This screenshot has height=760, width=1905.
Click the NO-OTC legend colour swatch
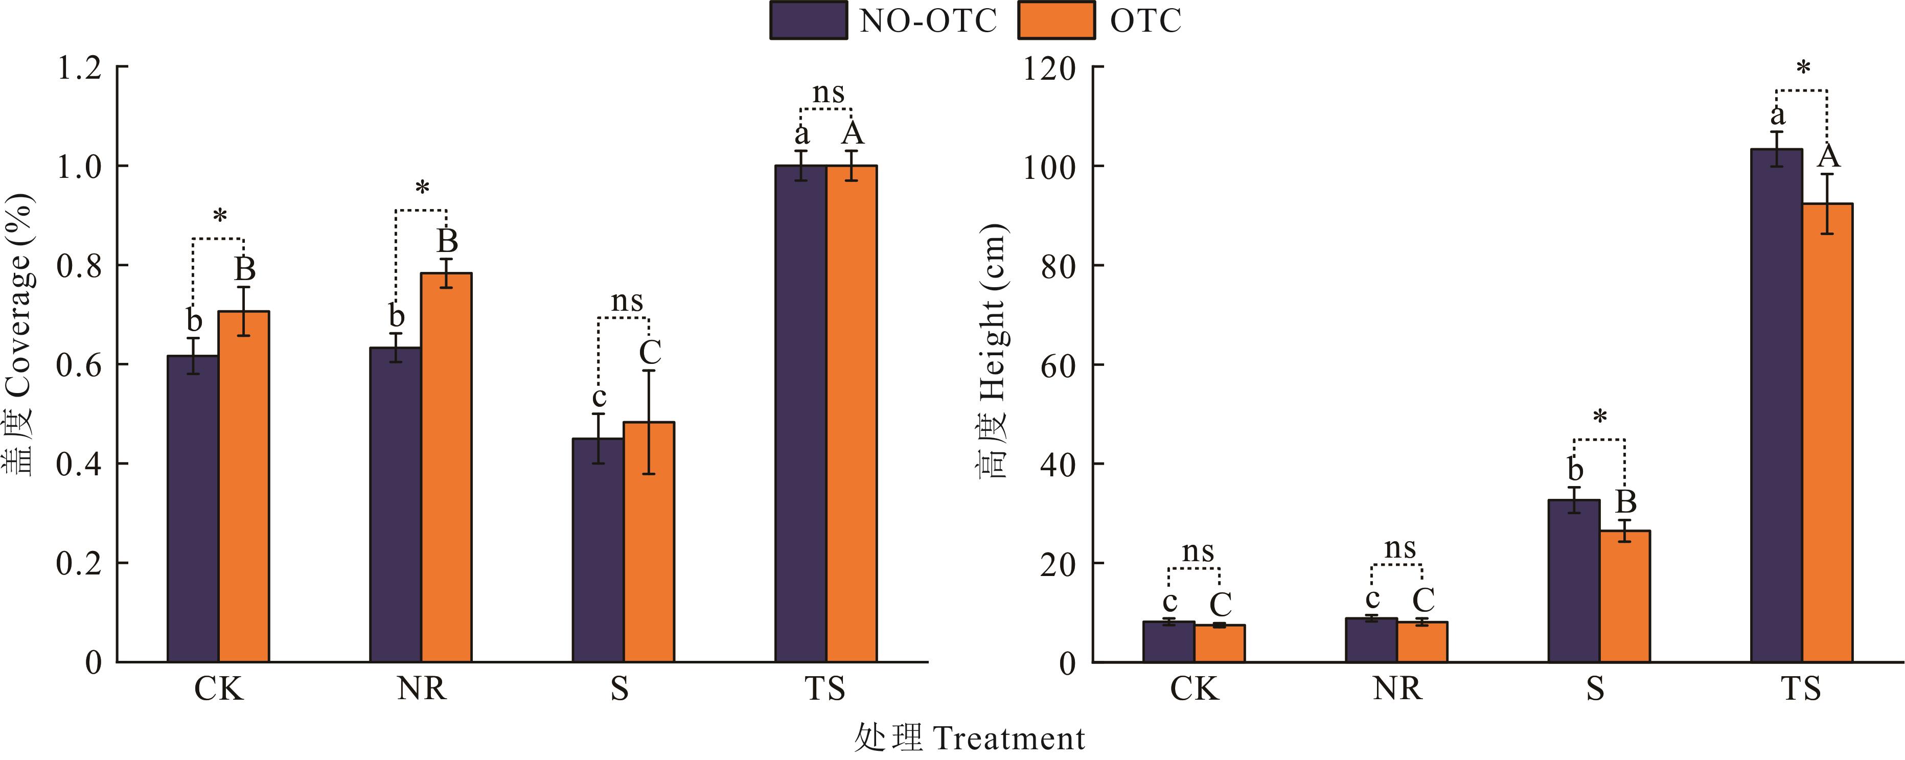coord(808,20)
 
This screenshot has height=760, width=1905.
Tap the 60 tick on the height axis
coord(1058,365)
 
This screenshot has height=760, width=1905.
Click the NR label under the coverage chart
coord(422,689)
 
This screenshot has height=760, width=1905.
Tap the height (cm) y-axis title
coord(993,351)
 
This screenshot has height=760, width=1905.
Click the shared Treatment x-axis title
coord(970,739)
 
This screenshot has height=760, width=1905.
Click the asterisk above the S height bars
coord(1599,417)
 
